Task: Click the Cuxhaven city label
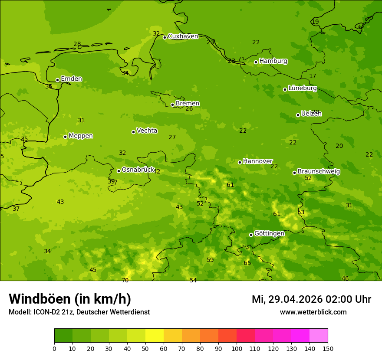pyautogui.click(x=183, y=36)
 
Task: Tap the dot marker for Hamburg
pyautogui.click(x=256, y=62)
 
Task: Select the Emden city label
pyautogui.click(x=71, y=79)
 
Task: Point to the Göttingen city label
pyautogui.click(x=269, y=233)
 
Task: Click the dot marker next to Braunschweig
pyautogui.click(x=294, y=173)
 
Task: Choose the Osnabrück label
pyautogui.click(x=138, y=170)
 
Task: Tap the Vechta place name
pyautogui.click(x=147, y=131)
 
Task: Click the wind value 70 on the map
pyautogui.click(x=125, y=280)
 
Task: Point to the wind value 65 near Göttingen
pyautogui.click(x=247, y=263)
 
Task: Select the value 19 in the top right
pyautogui.click(x=315, y=22)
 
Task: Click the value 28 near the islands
pyautogui.click(x=77, y=44)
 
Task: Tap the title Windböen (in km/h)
pyautogui.click(x=70, y=299)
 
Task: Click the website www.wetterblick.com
pyautogui.click(x=313, y=312)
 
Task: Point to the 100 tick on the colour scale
pyautogui.click(x=237, y=348)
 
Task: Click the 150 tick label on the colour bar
pyautogui.click(x=328, y=348)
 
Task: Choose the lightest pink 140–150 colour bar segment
pyautogui.click(x=319, y=336)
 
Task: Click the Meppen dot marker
pyautogui.click(x=65, y=137)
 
